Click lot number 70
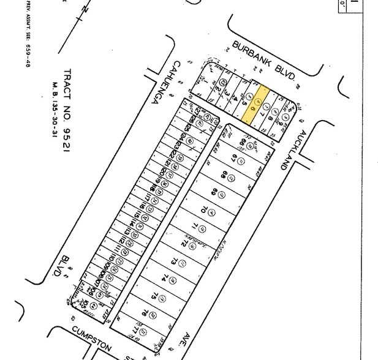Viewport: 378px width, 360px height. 202,211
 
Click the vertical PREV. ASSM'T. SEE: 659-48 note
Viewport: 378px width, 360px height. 28,34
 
